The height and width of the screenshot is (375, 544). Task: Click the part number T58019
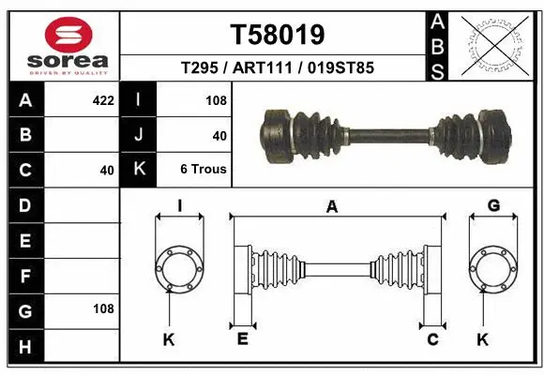(x=278, y=35)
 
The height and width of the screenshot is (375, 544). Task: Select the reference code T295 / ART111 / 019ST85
(x=278, y=67)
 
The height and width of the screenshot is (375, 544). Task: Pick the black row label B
(x=24, y=134)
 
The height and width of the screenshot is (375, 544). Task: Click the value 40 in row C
(x=106, y=171)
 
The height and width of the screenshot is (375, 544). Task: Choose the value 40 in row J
(x=219, y=135)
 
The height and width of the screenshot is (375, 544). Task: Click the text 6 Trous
(x=204, y=171)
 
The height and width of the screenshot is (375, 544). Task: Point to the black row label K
(x=139, y=170)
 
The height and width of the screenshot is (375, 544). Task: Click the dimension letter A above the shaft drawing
(x=331, y=208)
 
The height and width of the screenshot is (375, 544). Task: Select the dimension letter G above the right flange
(x=493, y=205)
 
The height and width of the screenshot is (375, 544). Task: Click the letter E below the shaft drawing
(x=242, y=338)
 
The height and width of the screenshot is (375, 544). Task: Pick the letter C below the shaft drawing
(x=432, y=338)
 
